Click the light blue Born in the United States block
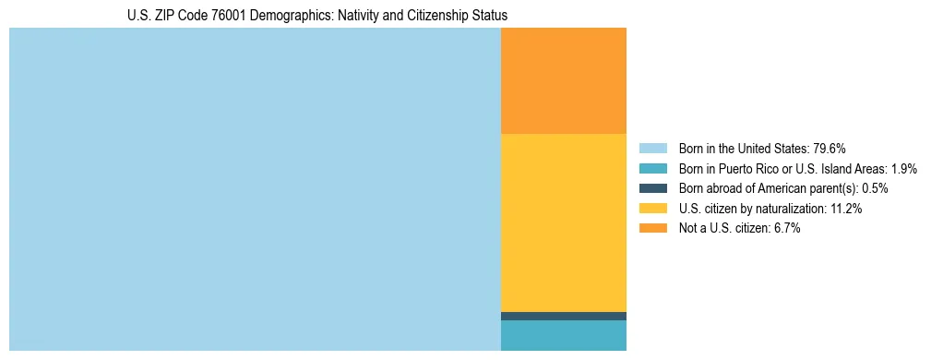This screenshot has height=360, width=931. (x=255, y=189)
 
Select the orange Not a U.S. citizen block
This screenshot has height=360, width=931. (x=563, y=81)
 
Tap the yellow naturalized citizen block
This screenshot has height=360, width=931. (x=563, y=222)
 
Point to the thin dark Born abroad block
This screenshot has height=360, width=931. (x=563, y=316)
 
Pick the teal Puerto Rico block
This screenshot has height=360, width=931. (x=563, y=335)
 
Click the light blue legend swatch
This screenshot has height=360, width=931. (x=652, y=149)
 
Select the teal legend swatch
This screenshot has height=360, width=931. (x=652, y=169)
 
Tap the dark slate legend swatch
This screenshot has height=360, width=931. (x=652, y=188)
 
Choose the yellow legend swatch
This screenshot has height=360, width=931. (x=652, y=209)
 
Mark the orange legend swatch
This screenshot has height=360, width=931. (x=652, y=229)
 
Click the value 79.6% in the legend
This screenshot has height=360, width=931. (x=829, y=149)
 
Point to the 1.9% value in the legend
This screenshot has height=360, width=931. (x=903, y=169)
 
